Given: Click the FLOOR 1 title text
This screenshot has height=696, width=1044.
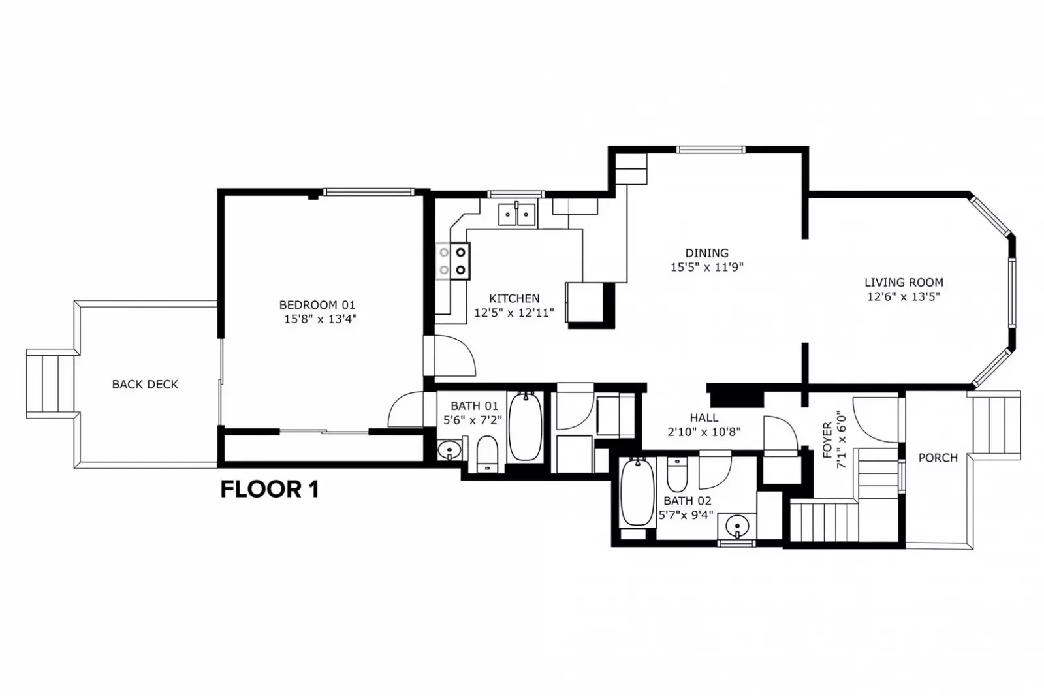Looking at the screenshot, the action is pos(270,490).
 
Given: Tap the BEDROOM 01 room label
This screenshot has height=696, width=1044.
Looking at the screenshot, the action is pos(317,305).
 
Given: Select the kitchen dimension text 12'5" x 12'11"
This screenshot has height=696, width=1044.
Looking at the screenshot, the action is pos(514,313).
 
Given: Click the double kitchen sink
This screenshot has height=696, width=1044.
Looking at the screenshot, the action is pos(517,214).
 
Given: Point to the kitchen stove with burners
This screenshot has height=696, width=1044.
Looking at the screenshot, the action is pos(452,261).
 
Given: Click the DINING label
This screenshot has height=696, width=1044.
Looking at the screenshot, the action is pos(706,253).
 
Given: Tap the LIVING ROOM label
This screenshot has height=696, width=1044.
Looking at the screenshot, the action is pos(904,283).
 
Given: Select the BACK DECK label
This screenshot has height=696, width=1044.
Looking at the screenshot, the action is pos(145,385).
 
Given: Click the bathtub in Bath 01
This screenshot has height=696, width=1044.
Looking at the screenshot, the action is pos(525,426).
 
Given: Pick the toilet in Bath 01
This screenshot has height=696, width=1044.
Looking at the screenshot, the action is pos(488,454).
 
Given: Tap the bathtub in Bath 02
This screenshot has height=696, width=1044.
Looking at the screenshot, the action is pos(638,492).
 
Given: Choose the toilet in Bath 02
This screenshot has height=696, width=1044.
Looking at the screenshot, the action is pos(677,475).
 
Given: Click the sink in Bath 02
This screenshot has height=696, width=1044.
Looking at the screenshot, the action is pos(737,526).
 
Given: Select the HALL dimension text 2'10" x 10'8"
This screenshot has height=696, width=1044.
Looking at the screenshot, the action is pos(704,432).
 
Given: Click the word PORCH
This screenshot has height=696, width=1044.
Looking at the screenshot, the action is pos(938,458).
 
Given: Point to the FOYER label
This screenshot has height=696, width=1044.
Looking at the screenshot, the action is pos(827,440).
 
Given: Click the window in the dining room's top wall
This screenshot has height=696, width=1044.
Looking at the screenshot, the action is pos(711,150).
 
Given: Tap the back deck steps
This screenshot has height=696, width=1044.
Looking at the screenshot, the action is pos(50,384).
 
